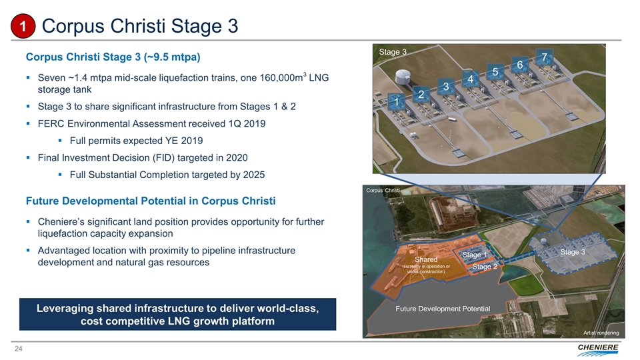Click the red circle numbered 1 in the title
(x=23, y=26)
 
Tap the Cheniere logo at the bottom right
(x=598, y=349)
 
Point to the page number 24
(x=19, y=349)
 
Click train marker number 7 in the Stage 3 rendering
(x=544, y=57)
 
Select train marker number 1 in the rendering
(x=396, y=101)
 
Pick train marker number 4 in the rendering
(x=470, y=79)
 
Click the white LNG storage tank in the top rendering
(x=403, y=76)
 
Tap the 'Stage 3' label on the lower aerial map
(x=572, y=252)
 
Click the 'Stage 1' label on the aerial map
(x=474, y=255)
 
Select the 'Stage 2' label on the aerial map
(x=485, y=267)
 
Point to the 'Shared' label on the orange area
(x=426, y=259)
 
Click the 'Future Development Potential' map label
(x=443, y=309)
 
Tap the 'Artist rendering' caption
(x=601, y=333)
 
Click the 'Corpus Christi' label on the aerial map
(x=383, y=190)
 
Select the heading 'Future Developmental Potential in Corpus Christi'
(x=151, y=201)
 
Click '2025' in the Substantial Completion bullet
(x=254, y=175)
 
